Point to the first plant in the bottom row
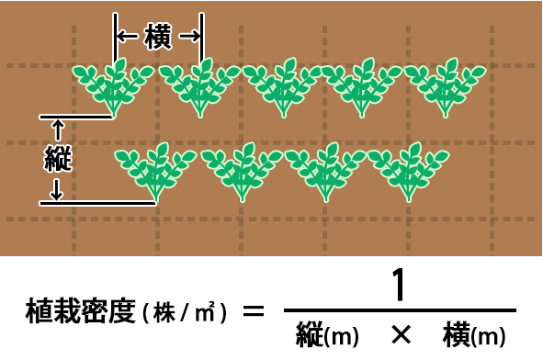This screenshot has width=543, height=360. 155,171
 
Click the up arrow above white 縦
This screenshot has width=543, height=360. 58,129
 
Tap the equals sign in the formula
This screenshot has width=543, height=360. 252,312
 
